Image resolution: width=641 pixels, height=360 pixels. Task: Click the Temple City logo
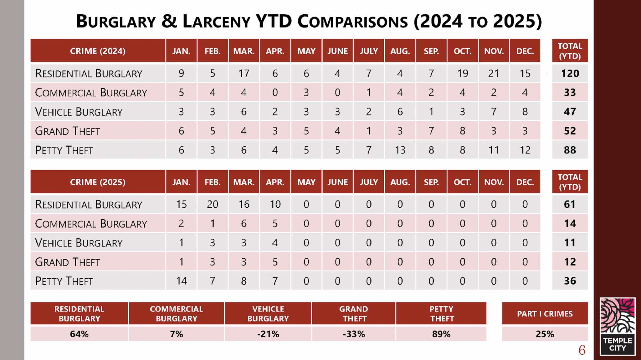point(617,326)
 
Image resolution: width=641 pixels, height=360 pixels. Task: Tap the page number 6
point(582,350)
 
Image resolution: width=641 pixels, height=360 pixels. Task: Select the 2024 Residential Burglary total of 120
point(570,74)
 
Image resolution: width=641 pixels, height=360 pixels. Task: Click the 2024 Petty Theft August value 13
point(400,150)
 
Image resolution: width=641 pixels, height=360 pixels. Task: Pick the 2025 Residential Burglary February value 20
point(213,205)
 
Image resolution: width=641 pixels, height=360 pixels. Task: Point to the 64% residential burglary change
point(79,334)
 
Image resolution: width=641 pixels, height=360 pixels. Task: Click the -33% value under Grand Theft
point(354,334)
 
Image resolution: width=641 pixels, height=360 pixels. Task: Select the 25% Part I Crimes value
point(545,334)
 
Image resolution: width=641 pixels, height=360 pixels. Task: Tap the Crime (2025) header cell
point(98,182)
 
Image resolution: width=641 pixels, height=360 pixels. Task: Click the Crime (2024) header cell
point(98,51)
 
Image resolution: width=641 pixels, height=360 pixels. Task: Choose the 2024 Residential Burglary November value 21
point(494,74)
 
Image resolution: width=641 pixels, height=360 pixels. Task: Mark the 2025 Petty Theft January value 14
point(181,281)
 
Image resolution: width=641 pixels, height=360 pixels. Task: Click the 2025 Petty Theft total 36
point(570,281)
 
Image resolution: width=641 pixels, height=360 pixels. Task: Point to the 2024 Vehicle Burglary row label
point(79,112)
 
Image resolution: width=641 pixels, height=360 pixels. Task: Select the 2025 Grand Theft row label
point(68,262)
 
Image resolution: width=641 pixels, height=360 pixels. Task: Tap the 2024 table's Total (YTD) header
point(570,51)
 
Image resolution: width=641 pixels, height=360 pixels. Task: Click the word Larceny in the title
point(216,22)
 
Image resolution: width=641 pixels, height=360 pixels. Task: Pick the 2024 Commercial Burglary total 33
point(570,93)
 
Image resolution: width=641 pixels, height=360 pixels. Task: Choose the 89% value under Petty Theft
point(441,334)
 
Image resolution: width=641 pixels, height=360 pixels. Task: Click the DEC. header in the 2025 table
point(525,182)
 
